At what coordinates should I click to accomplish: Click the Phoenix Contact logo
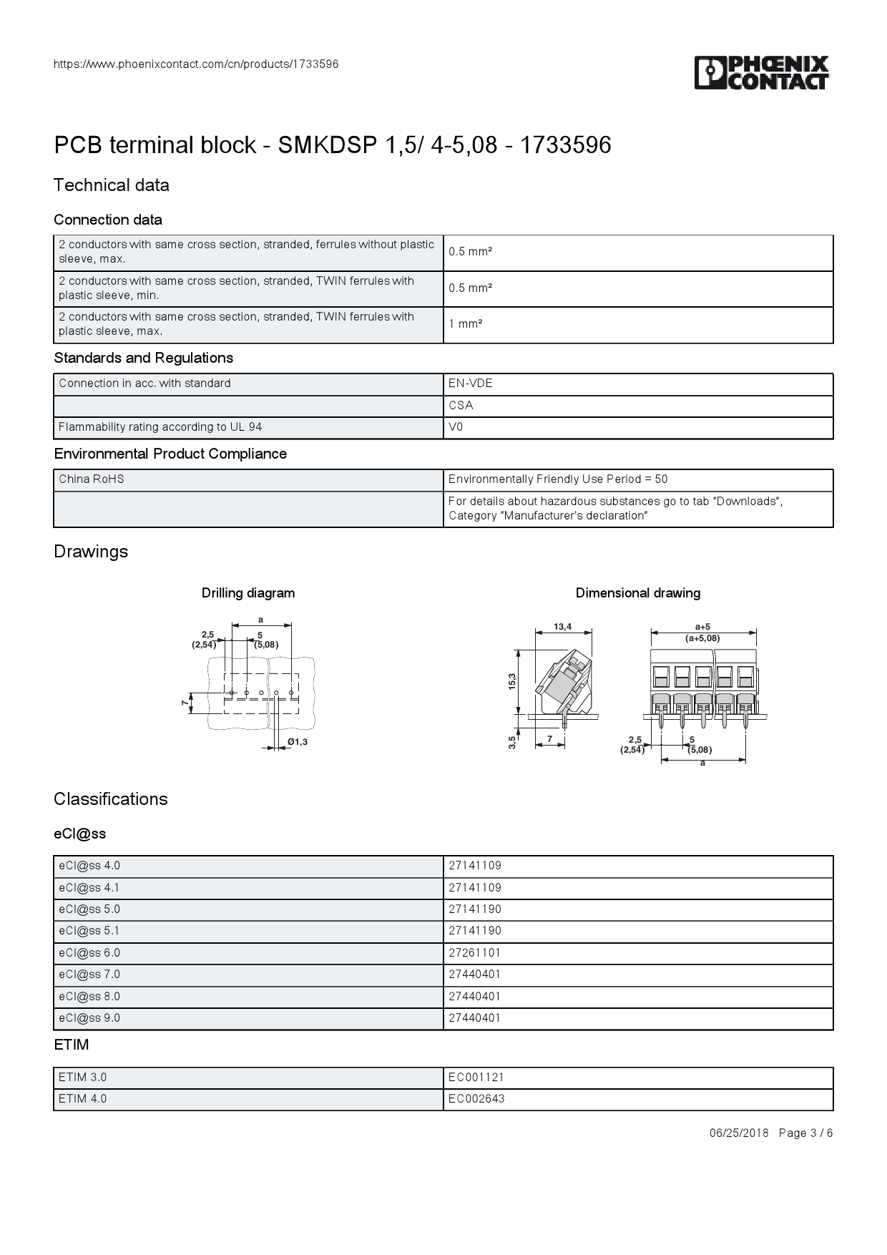click(x=761, y=73)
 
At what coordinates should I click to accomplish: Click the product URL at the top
click(x=196, y=64)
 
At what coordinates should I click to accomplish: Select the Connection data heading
click(x=108, y=220)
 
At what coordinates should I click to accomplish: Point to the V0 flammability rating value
click(x=456, y=427)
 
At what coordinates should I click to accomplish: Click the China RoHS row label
click(x=92, y=479)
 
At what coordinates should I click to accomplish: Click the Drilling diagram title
click(x=248, y=593)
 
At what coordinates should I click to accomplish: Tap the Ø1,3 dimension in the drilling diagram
click(x=298, y=742)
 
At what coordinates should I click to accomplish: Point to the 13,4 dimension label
click(x=563, y=627)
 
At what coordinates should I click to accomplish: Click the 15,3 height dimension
click(x=512, y=681)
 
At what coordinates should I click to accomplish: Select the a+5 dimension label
click(x=702, y=627)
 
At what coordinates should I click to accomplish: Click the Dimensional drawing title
click(x=638, y=593)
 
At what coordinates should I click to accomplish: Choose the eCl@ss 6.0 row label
click(x=89, y=953)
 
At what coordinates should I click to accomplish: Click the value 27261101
click(x=475, y=953)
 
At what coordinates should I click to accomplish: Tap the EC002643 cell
click(x=476, y=1099)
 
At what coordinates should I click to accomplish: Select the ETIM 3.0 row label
click(x=83, y=1078)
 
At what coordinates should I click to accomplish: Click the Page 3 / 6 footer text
click(x=805, y=1133)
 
